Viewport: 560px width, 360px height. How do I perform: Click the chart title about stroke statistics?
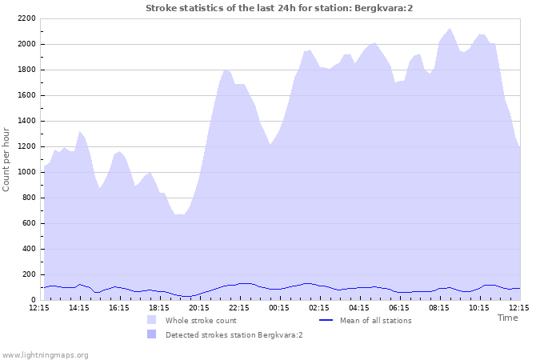pos(279,8)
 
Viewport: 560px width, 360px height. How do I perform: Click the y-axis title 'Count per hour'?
pos(7,159)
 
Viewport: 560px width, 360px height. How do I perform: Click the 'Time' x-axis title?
pos(507,318)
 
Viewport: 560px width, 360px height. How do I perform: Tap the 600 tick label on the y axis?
pos(28,223)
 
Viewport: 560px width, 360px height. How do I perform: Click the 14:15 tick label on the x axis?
pos(79,307)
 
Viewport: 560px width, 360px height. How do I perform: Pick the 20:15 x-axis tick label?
pos(199,307)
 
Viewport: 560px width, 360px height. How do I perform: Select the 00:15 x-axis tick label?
pos(279,307)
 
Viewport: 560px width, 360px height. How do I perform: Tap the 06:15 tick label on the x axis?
pos(399,307)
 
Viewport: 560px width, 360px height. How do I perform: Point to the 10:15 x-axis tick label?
pos(479,307)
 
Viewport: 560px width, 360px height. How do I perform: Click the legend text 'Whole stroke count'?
pos(201,321)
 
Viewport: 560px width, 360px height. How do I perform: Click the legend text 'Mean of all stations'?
pos(376,321)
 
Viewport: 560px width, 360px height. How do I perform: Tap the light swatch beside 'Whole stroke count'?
pos(152,320)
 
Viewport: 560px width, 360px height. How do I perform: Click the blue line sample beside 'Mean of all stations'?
pos(326,320)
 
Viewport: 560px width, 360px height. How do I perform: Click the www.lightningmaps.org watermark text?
pos(45,354)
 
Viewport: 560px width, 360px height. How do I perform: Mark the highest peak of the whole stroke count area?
pos(450,29)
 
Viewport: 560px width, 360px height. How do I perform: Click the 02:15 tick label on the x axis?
pos(319,307)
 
